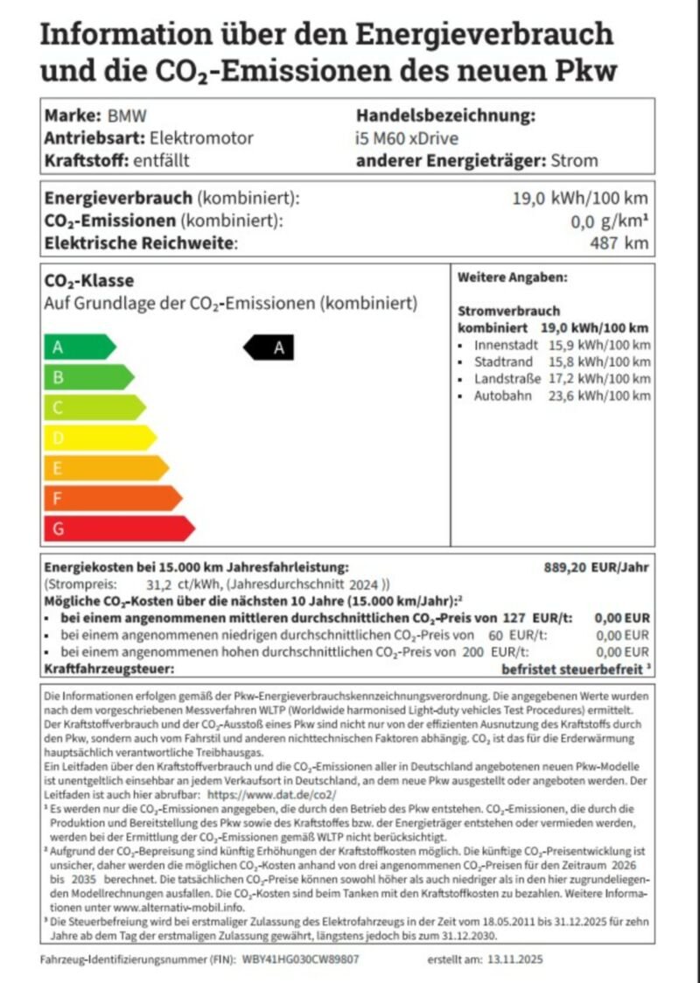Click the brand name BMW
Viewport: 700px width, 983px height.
(127, 116)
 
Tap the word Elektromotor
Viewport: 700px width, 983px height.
(202, 137)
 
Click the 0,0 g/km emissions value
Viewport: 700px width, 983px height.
(610, 221)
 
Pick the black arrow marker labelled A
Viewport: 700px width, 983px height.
(269, 348)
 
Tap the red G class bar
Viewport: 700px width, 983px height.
(118, 529)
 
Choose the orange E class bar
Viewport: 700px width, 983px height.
(105, 468)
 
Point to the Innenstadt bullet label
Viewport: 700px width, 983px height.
(507, 345)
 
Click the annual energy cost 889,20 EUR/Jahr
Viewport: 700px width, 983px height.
(597, 567)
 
